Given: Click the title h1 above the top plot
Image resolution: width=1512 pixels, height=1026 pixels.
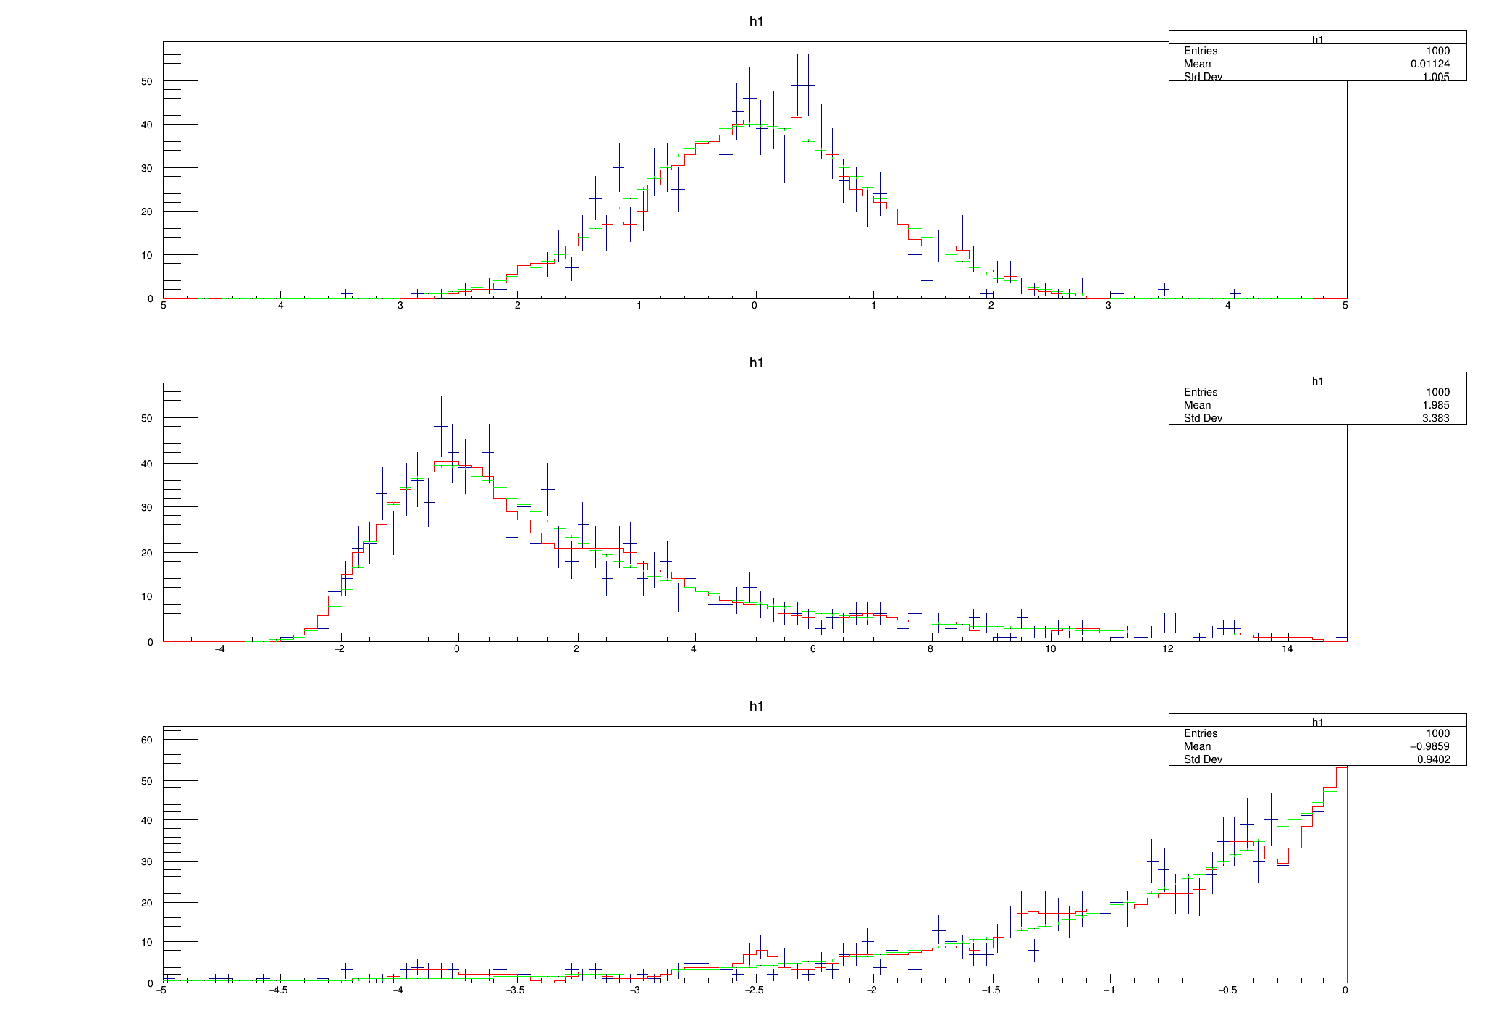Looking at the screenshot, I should [756, 22].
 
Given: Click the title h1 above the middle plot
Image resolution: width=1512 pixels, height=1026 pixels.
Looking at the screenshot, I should [756, 363].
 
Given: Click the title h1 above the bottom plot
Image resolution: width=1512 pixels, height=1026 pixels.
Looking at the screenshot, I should [756, 706].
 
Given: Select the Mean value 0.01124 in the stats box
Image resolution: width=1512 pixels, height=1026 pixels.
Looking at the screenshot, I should [1429, 64].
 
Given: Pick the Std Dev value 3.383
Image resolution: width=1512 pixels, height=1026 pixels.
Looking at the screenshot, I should [1435, 418].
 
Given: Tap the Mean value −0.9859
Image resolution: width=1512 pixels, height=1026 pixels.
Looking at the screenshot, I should [1429, 746].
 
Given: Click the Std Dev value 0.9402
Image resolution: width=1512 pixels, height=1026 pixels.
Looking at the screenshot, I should [1433, 759].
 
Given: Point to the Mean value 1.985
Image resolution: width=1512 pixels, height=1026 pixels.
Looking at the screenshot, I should [1435, 405].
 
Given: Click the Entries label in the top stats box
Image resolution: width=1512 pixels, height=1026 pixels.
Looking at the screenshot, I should [1201, 51].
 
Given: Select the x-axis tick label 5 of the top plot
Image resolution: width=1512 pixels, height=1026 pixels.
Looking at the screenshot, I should [1345, 306].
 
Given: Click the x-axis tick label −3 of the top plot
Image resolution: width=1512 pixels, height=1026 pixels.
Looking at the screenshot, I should [398, 306].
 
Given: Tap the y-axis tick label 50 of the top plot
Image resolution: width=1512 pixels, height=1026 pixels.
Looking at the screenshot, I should [147, 82].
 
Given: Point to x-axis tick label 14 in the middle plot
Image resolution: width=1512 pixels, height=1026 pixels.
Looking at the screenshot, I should [1287, 649].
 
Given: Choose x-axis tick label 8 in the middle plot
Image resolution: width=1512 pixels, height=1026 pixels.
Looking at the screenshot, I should [931, 649].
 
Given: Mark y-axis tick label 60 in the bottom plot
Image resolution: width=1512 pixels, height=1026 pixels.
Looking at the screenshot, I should [147, 741].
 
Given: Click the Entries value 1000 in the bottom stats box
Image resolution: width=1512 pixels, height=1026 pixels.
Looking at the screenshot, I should [1437, 733].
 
